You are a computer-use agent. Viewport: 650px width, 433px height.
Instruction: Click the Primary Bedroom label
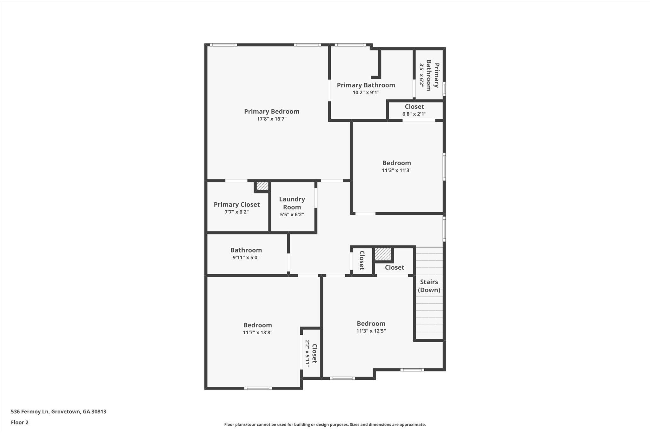tap(271, 111)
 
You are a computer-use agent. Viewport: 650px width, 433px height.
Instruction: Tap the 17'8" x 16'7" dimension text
tap(271, 119)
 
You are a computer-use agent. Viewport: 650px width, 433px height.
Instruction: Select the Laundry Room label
tap(292, 203)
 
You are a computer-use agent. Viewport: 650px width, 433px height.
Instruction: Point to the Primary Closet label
tap(236, 205)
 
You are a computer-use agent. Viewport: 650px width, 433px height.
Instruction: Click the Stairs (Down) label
tap(429, 286)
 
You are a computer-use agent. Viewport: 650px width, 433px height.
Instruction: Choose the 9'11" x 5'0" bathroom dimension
tap(246, 258)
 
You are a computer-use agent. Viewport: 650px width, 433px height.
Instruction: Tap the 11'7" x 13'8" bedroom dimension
tap(257, 332)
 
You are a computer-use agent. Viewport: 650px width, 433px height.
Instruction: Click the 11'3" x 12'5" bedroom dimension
tap(371, 331)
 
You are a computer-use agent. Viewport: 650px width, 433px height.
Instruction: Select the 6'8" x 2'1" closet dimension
tap(414, 114)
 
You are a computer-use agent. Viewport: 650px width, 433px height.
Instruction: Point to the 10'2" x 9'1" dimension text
tap(366, 93)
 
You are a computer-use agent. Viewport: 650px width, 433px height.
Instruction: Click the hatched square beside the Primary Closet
tap(262, 186)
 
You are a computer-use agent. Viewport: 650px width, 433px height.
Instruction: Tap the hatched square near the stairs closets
tap(383, 254)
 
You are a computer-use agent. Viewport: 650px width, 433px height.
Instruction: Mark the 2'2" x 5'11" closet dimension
tap(307, 353)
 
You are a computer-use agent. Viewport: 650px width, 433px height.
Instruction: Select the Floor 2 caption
tap(20, 422)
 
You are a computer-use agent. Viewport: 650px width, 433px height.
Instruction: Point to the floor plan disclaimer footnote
tap(325, 424)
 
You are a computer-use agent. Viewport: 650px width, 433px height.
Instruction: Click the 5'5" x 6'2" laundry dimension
tap(292, 214)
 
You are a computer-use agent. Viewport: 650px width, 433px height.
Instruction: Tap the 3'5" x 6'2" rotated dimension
tap(421, 75)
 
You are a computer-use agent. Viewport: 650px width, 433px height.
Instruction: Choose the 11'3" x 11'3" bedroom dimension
tap(396, 170)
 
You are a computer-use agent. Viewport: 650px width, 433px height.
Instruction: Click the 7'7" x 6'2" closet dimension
tap(236, 212)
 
